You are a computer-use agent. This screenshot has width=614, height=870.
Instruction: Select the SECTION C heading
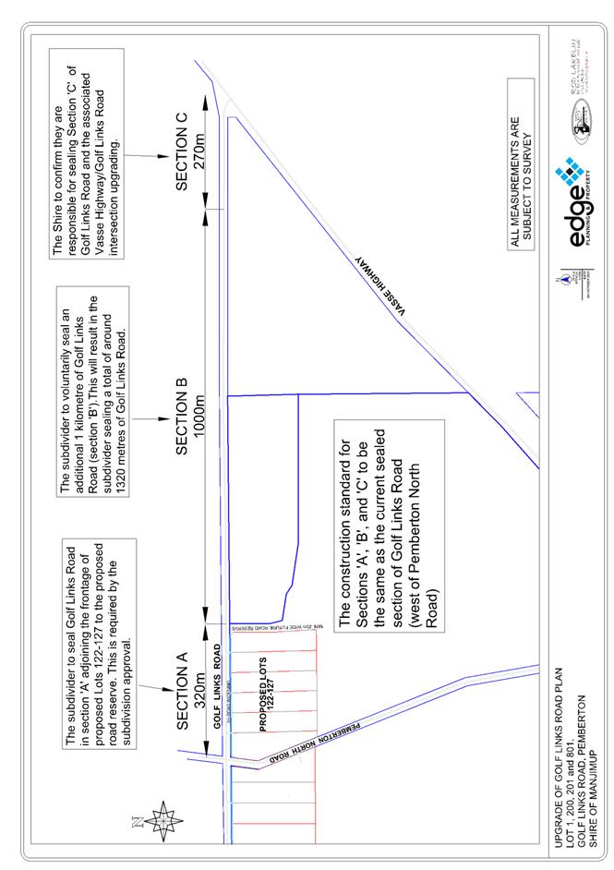click(x=182, y=152)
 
